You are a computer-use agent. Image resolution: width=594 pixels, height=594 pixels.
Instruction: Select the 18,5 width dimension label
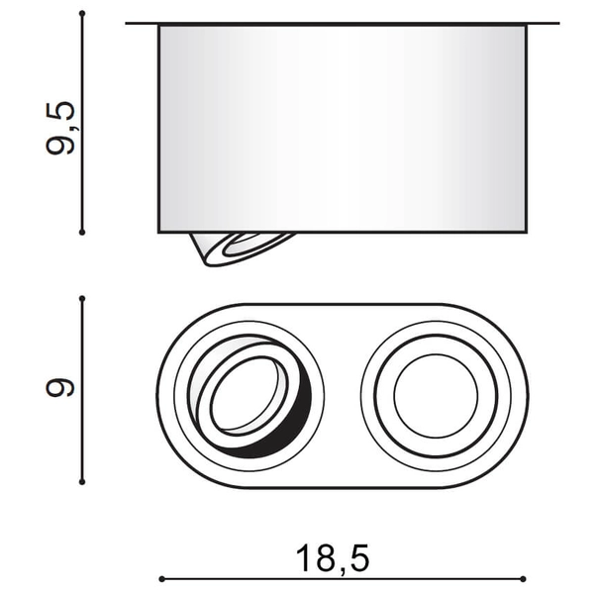[x=332, y=559]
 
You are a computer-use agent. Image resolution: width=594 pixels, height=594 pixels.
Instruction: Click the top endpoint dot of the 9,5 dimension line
[x=83, y=14]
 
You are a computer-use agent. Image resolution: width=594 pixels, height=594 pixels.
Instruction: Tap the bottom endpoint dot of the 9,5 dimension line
[x=83, y=233]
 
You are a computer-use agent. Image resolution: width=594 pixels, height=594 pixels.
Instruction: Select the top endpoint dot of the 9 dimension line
[x=83, y=298]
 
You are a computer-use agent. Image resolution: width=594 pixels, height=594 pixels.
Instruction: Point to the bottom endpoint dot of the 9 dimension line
[x=83, y=483]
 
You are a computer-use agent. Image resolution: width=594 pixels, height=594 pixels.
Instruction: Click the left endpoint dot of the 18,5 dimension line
[x=160, y=578]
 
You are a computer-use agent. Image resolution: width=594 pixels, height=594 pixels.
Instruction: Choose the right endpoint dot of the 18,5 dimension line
[x=526, y=578]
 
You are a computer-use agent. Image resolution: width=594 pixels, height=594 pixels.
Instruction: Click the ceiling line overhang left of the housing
[x=143, y=23]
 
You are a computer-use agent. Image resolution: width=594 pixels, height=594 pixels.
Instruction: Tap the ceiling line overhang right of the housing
[x=543, y=23]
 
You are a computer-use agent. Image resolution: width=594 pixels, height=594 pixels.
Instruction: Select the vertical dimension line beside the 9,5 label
[x=83, y=178]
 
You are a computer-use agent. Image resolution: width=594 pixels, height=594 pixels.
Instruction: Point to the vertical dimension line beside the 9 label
[x=83, y=436]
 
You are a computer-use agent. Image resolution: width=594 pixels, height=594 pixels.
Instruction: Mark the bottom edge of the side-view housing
[x=396, y=233]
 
